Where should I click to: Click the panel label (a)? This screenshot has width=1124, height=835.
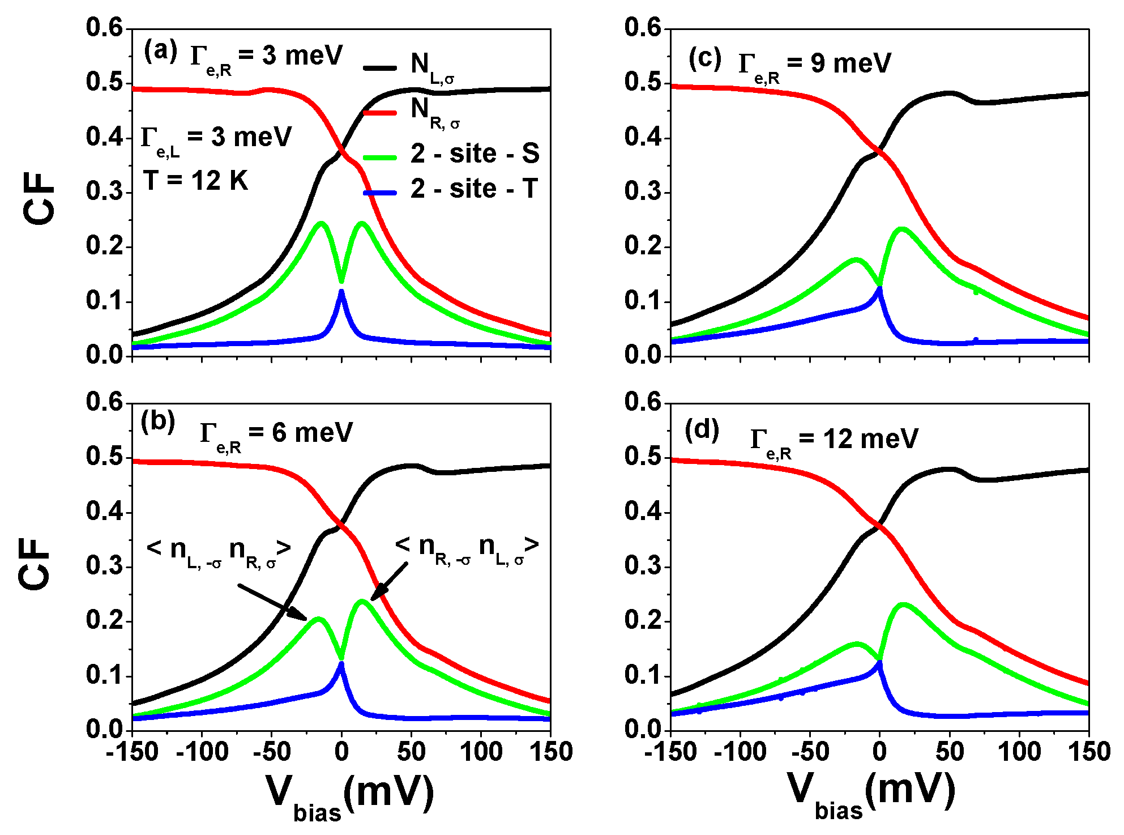click(160, 52)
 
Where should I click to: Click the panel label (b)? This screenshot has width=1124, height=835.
click(158, 422)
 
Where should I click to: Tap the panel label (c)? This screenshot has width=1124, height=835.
click(704, 58)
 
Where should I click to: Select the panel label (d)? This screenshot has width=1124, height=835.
click(702, 431)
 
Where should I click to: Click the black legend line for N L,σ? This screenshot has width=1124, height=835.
click(380, 68)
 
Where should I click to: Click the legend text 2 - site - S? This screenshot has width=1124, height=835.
click(475, 154)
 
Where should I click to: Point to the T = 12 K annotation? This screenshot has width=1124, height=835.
click(195, 181)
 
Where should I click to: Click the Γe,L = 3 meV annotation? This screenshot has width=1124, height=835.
click(216, 139)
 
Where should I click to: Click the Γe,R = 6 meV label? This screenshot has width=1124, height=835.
click(276, 435)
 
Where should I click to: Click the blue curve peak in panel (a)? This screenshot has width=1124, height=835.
click(341, 292)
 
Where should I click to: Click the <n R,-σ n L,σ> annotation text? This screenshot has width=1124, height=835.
click(467, 548)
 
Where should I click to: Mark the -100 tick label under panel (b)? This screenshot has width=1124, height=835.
click(202, 752)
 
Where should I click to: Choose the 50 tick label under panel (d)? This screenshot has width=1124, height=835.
click(950, 752)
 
